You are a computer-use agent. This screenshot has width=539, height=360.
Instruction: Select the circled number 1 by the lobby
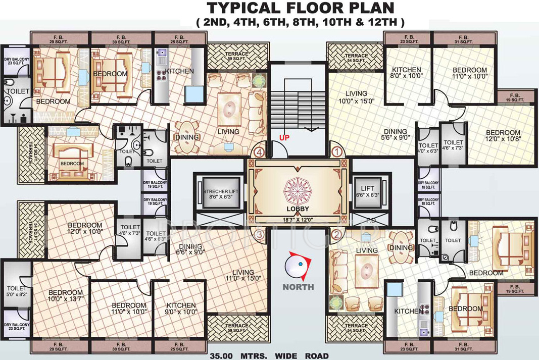pyautogui.click(x=336, y=151)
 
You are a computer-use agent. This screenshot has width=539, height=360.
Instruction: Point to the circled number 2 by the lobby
pyautogui.click(x=336, y=233)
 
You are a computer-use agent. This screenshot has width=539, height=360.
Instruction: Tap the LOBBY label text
pyautogui.click(x=297, y=209)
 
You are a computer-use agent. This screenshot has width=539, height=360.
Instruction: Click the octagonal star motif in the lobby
pyautogui.click(x=297, y=190)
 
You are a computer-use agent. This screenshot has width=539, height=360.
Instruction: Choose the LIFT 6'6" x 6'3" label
pyautogui.click(x=371, y=191)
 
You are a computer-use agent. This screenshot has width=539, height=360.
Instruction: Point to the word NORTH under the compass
pyautogui.click(x=298, y=287)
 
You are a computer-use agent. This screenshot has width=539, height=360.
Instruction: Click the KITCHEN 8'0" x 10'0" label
pyautogui.click(x=407, y=73)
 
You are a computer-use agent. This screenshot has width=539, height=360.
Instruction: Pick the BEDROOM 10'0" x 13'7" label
pyautogui.click(x=65, y=296)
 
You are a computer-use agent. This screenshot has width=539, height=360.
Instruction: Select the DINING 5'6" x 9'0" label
pyautogui.click(x=395, y=133)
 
